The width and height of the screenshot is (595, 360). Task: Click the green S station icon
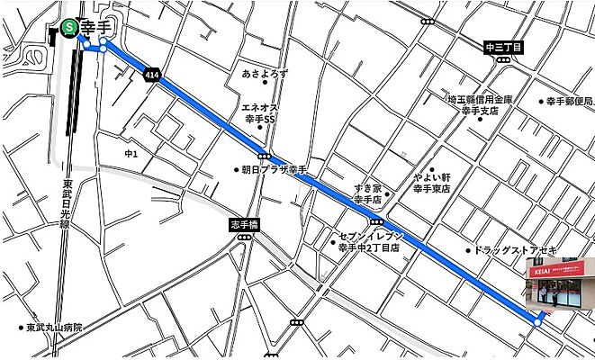click(70, 28)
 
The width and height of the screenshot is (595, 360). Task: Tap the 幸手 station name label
click(95, 27)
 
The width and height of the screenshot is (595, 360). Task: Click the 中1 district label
click(131, 154)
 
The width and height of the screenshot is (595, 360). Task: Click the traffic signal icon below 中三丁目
click(502, 59)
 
